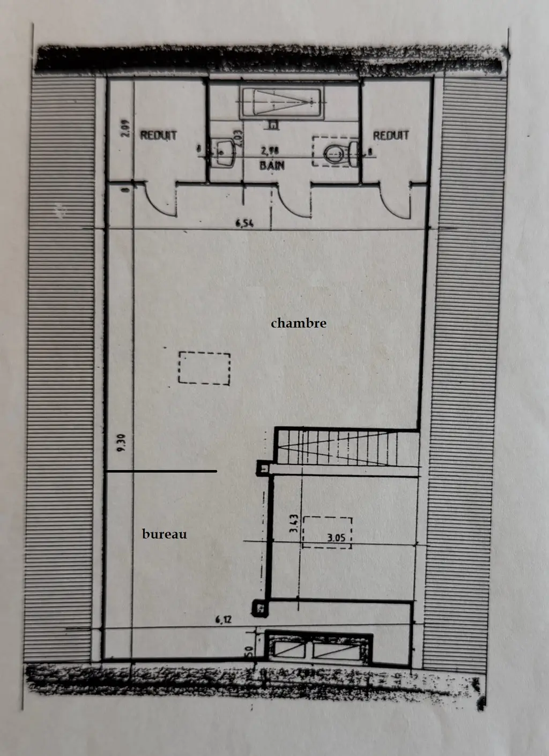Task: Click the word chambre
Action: click(x=298, y=323)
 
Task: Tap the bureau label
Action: click(x=164, y=534)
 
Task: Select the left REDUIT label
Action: click(x=158, y=136)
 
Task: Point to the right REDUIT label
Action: click(x=391, y=136)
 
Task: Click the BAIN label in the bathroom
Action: click(x=272, y=165)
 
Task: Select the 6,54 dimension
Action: click(x=244, y=223)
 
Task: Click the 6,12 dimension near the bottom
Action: click(x=224, y=620)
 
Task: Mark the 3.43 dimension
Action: click(x=293, y=523)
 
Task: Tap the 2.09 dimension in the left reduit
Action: click(x=125, y=128)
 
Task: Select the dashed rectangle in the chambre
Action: click(x=204, y=368)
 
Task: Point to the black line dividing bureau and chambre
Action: click(x=161, y=471)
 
